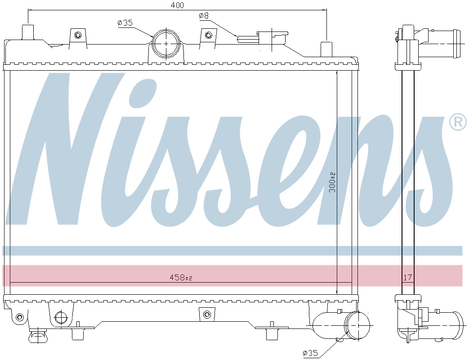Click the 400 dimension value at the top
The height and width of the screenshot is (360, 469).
click(x=178, y=5)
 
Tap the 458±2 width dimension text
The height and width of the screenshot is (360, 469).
click(x=181, y=278)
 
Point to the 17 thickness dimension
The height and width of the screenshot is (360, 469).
click(x=407, y=278)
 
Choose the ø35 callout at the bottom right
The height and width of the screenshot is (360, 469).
click(x=310, y=353)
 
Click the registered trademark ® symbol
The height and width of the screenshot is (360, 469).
click(x=458, y=122)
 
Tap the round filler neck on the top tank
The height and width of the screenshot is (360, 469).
click(x=166, y=44)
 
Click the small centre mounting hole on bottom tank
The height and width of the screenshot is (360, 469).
click(x=207, y=315)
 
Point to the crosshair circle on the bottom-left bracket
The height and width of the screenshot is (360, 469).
click(x=60, y=317)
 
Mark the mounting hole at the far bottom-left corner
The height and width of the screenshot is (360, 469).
click(x=19, y=317)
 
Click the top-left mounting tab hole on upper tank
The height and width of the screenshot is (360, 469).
click(x=78, y=35)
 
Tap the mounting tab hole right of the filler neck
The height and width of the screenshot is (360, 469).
click(x=208, y=35)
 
